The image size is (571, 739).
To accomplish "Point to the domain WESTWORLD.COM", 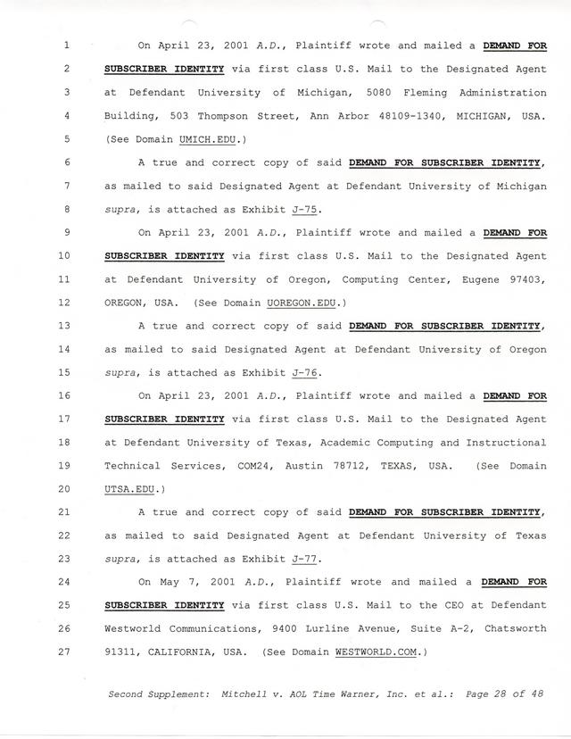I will pyautogui.click(x=376, y=652).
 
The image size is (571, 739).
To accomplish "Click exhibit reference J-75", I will pyautogui.click(x=305, y=210).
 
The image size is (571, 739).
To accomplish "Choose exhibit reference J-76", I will pyautogui.click(x=305, y=373).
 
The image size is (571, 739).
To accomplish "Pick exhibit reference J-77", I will pyautogui.click(x=305, y=559).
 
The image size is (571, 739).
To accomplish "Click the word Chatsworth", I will pyautogui.click(x=512, y=628).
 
